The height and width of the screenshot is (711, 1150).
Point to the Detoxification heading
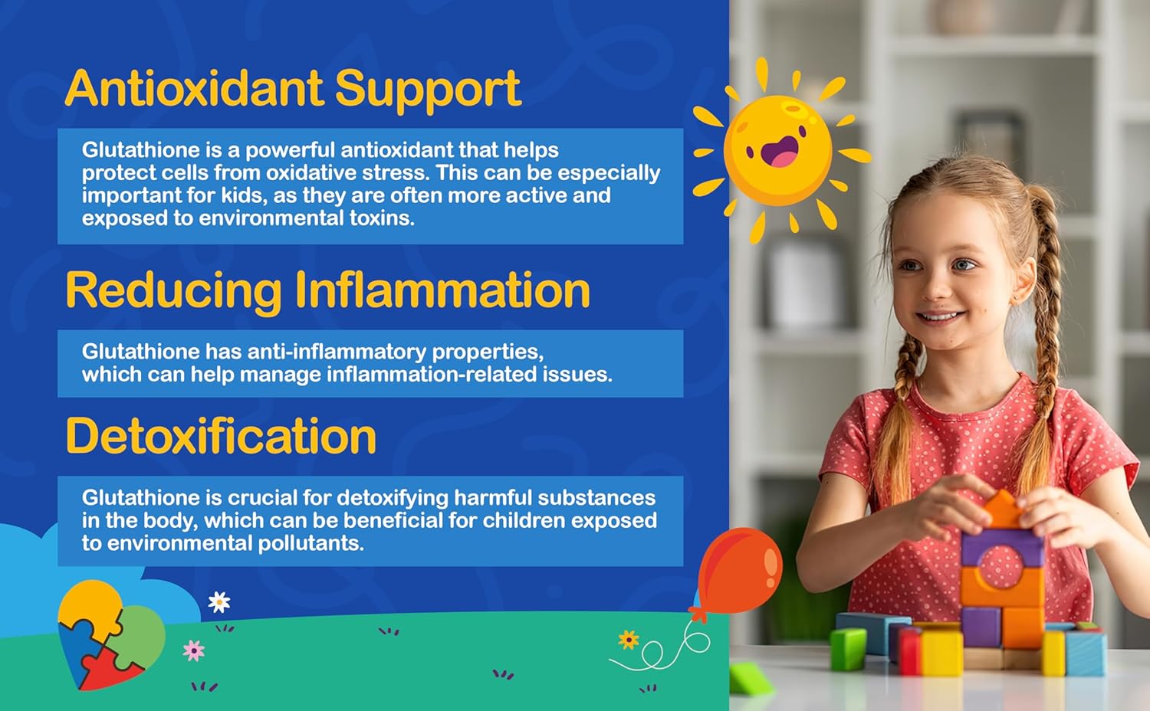click(x=221, y=437)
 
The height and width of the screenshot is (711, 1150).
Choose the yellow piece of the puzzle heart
click(x=90, y=605)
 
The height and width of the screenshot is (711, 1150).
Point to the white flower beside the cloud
click(x=219, y=602)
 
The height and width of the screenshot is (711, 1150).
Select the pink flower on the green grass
click(x=194, y=650)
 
